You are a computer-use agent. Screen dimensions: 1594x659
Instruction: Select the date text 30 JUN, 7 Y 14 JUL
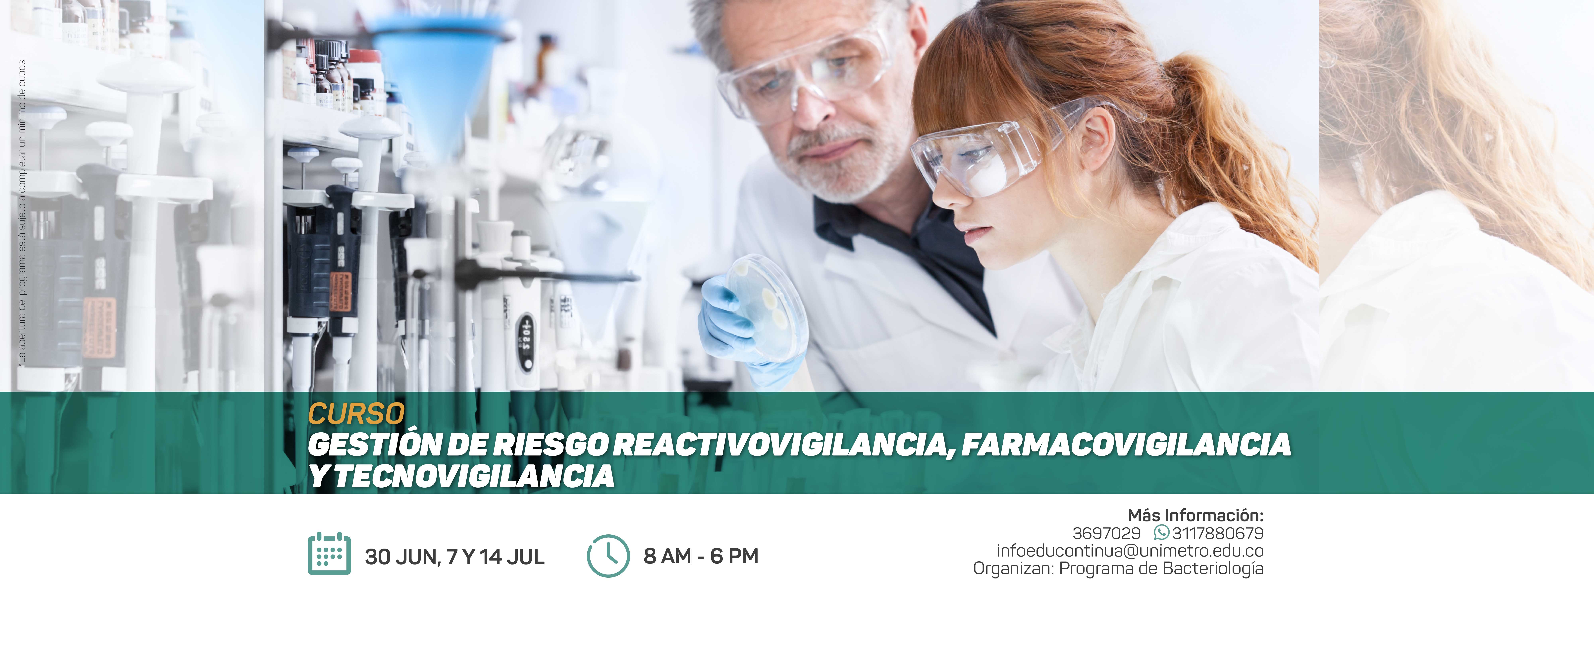(455, 557)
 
